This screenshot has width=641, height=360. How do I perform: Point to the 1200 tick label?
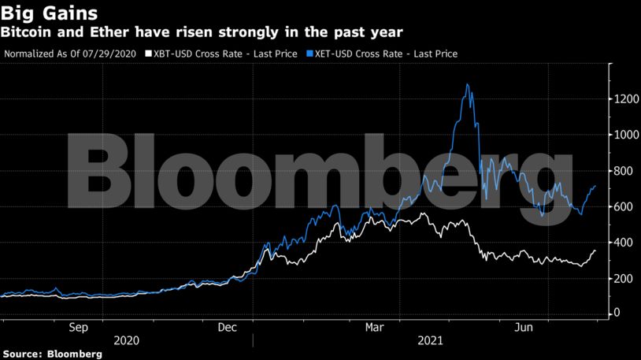627,99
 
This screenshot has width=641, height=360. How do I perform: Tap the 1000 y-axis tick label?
627,135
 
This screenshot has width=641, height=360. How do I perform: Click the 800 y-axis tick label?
624,170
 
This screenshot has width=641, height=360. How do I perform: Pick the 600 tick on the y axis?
624,206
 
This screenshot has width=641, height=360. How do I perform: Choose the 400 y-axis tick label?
624,242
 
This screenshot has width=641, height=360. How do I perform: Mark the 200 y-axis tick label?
624,278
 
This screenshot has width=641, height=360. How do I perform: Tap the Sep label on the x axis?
79,326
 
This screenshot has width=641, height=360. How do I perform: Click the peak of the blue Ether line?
468,84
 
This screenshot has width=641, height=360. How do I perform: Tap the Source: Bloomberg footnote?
52,354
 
